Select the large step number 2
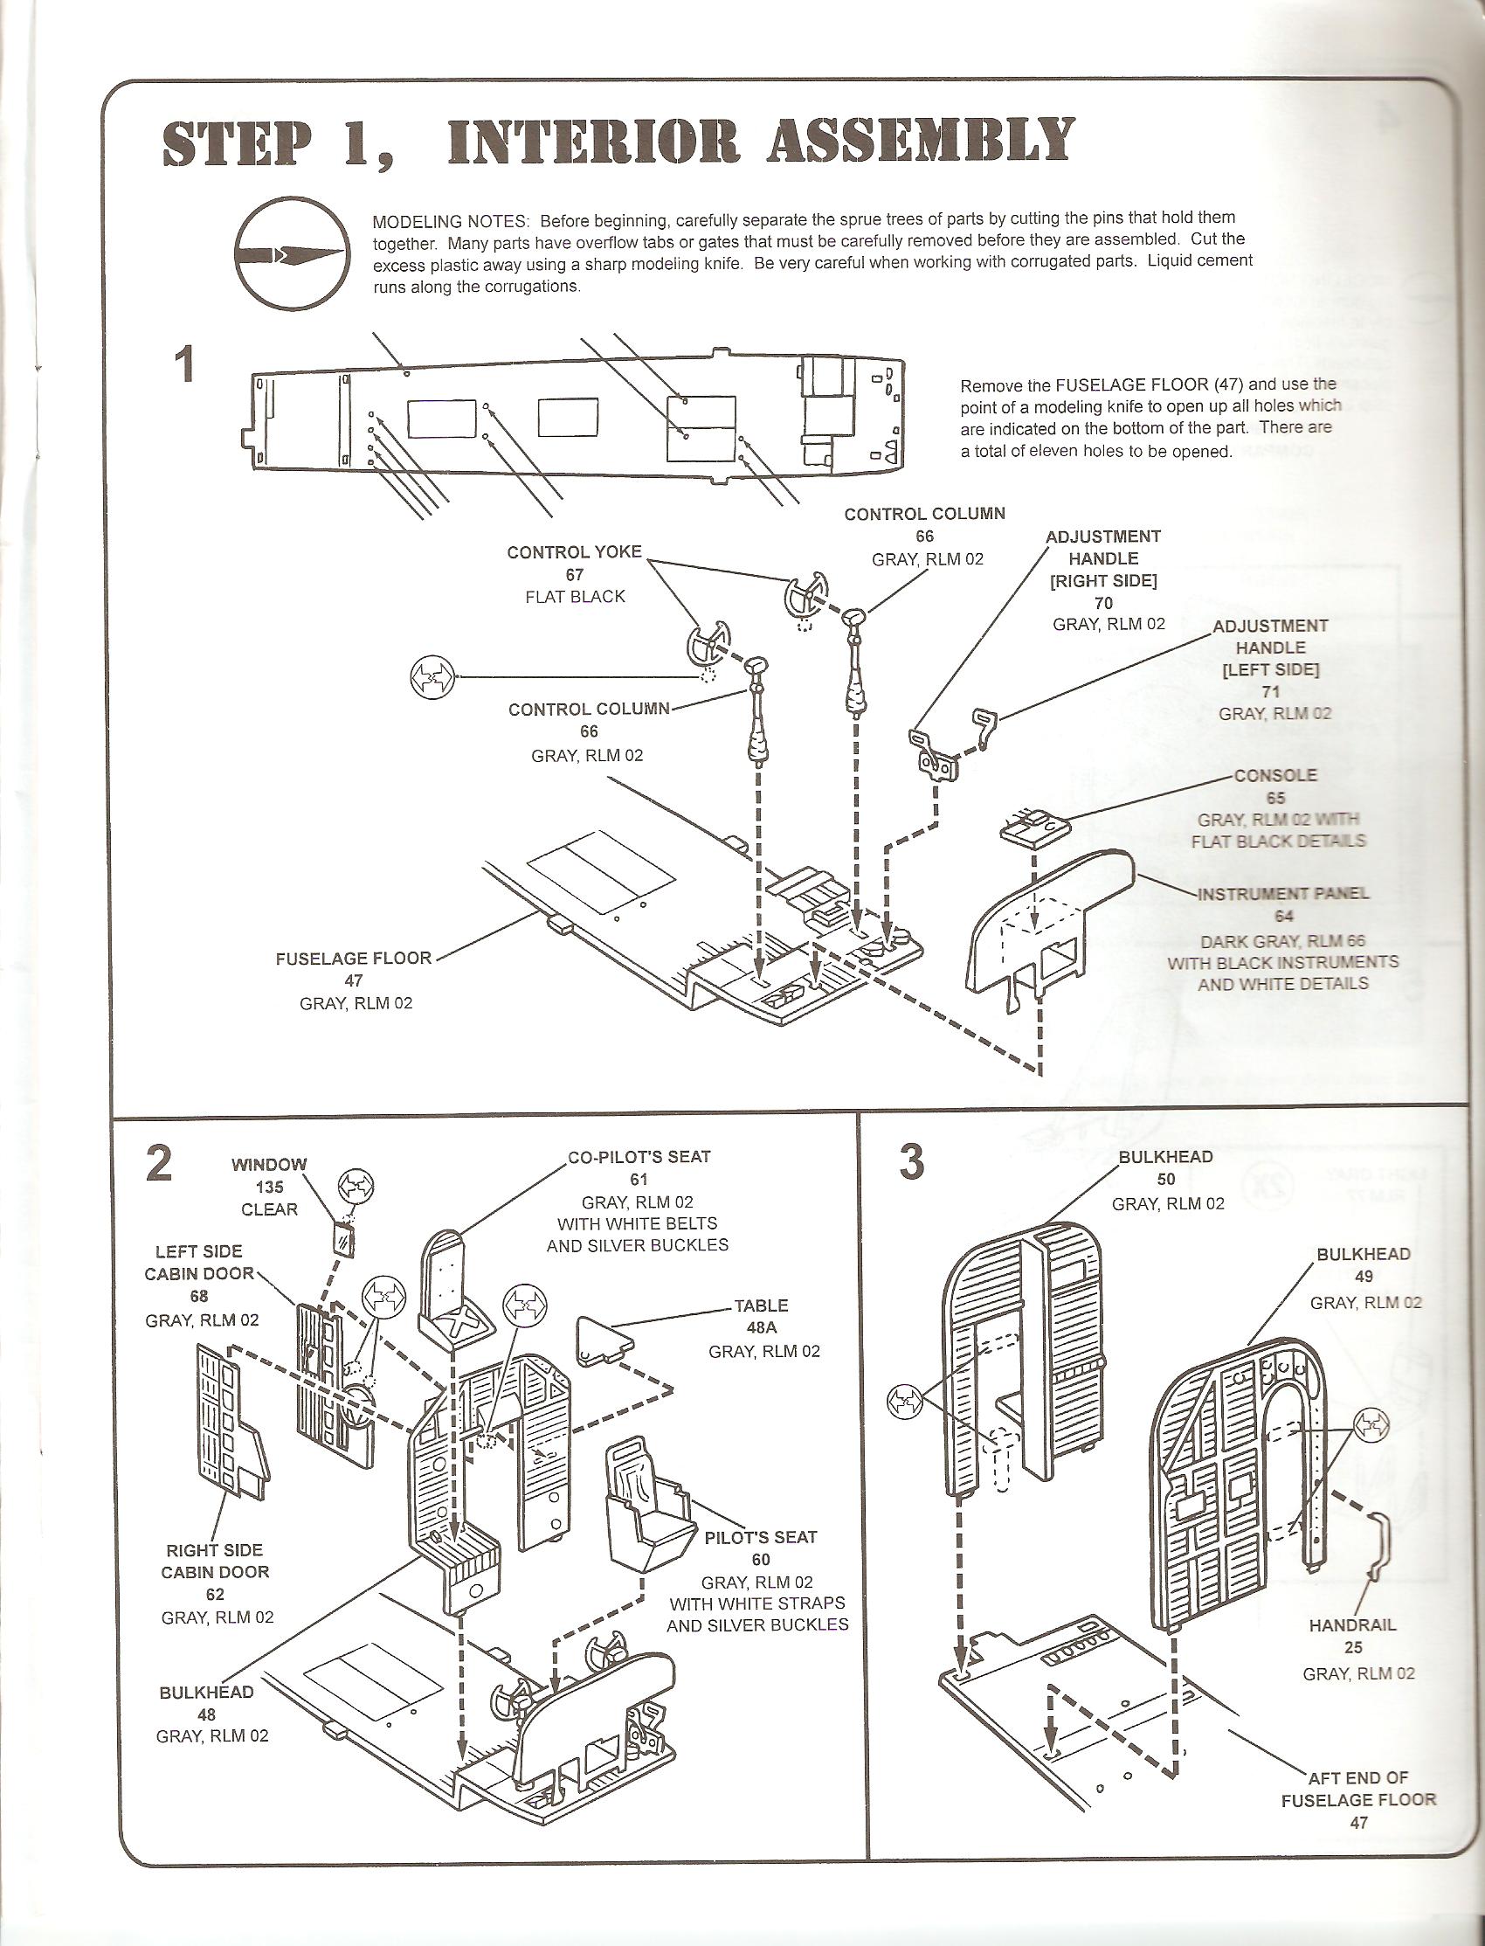159,1165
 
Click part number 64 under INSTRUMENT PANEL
1283,916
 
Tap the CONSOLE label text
1275,775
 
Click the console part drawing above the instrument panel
1033,825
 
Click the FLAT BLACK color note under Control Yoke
575,597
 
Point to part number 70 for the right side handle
1103,603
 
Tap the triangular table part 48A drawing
604,1337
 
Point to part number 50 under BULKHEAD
1167,1180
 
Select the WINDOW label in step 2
269,1165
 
